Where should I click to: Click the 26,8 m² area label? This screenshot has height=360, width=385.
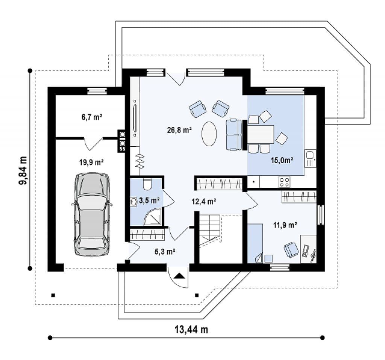click(180, 130)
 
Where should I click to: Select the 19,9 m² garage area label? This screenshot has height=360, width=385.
click(91, 163)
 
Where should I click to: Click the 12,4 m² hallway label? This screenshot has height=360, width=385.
click(203, 201)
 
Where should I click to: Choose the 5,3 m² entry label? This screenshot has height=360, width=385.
click(166, 251)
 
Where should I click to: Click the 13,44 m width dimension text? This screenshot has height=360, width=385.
click(191, 330)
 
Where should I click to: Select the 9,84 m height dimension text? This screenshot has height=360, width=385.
click(23, 170)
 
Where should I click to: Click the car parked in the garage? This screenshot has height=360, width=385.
click(92, 214)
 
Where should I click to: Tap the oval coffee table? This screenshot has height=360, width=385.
click(209, 134)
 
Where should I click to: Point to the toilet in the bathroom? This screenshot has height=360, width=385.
click(147, 184)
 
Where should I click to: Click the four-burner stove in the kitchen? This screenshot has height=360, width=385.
click(284, 182)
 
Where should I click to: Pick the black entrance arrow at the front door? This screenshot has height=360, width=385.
click(179, 276)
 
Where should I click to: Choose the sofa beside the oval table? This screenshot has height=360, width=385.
click(233, 135)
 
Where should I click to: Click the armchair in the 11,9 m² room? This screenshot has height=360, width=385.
click(290, 249)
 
